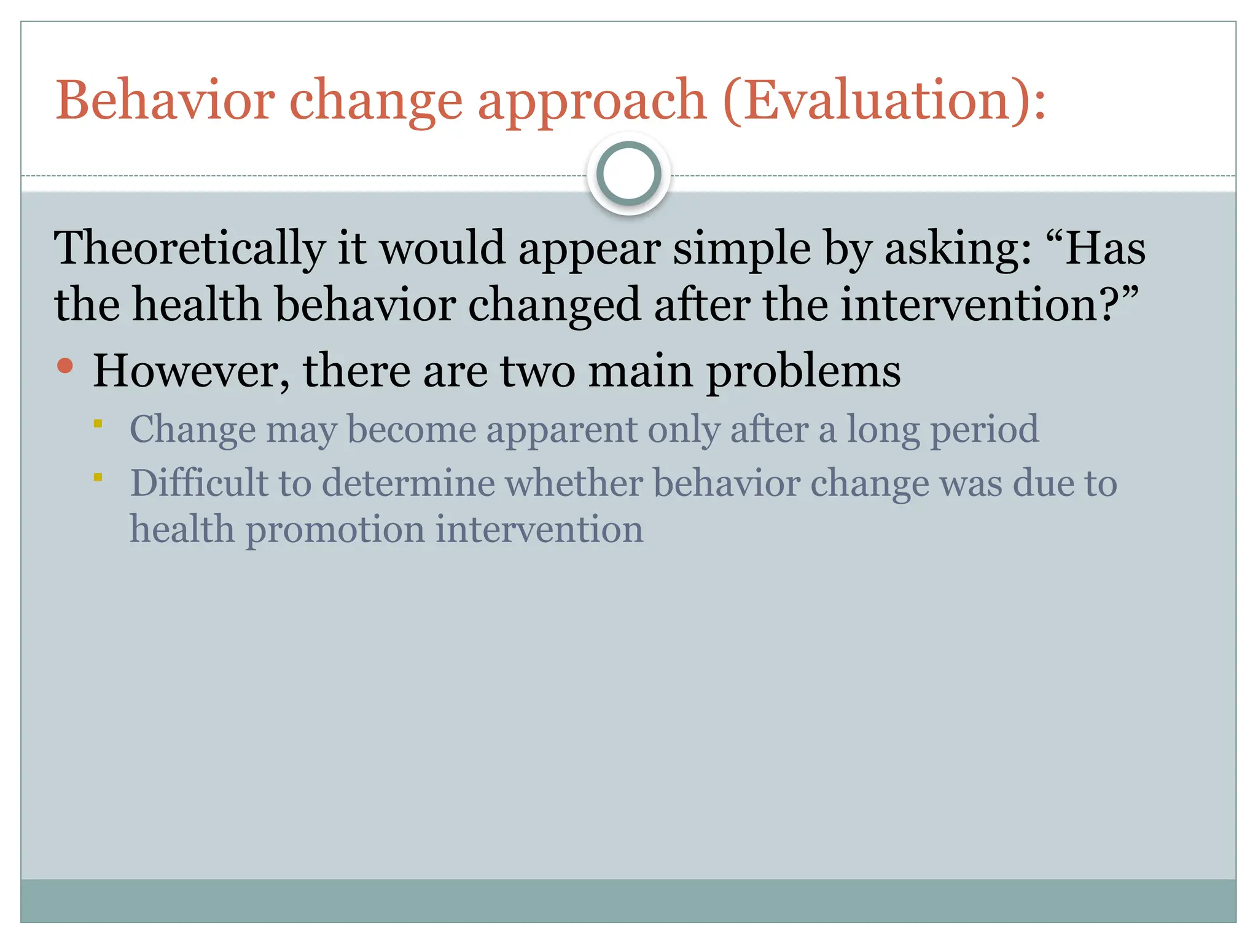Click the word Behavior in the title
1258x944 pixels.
(x=165, y=100)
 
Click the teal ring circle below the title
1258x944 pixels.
(x=628, y=173)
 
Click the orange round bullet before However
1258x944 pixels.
(x=65, y=366)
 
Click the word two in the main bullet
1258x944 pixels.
(x=537, y=371)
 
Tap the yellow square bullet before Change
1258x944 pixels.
(x=98, y=423)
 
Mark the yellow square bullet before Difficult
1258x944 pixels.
(x=98, y=477)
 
